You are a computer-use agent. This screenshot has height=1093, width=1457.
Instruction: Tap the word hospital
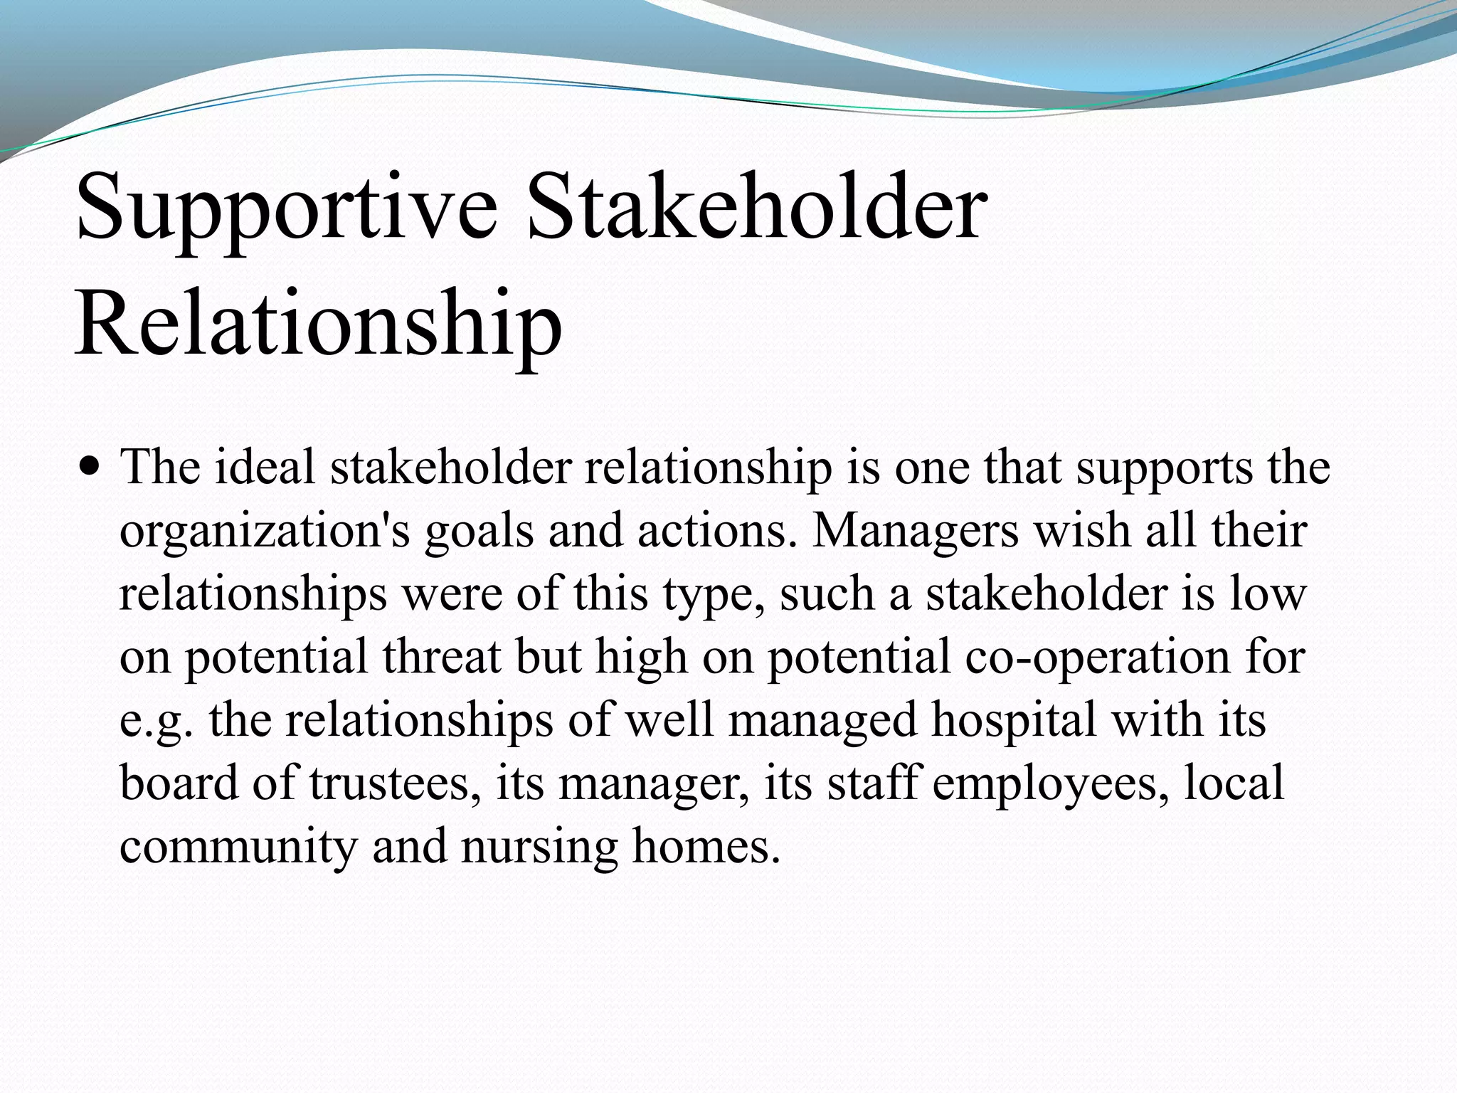coord(1014,720)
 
